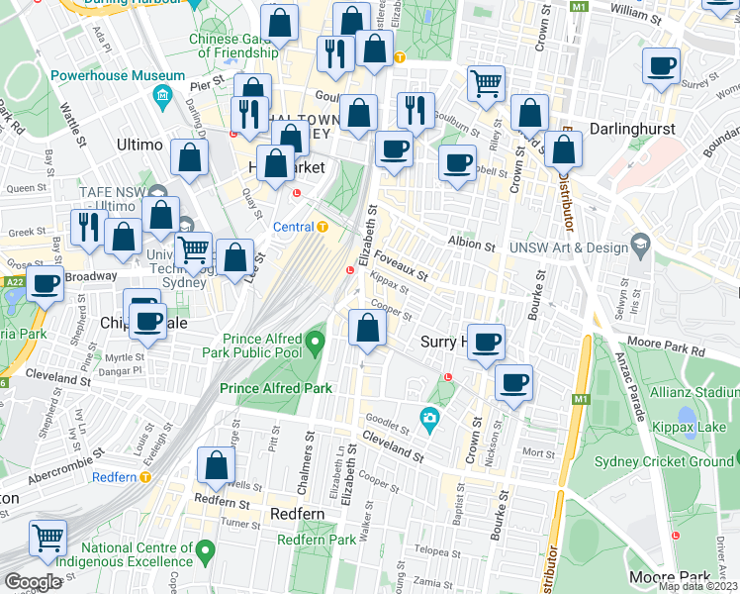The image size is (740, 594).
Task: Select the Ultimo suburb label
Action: point(139,145)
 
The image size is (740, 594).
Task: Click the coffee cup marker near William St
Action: point(661,67)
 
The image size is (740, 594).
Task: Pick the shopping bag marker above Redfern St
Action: point(216,466)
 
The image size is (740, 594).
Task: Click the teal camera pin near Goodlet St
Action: point(429,419)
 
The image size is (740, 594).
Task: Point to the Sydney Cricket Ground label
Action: point(663,461)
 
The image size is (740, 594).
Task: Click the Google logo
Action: point(32,582)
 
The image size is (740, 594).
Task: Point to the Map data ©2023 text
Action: point(697,586)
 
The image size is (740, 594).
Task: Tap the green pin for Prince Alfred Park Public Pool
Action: point(316,345)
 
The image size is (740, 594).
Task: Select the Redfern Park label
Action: point(316,540)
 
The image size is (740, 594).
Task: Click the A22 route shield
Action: point(13,282)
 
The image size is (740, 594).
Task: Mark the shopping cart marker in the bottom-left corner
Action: point(47,539)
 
